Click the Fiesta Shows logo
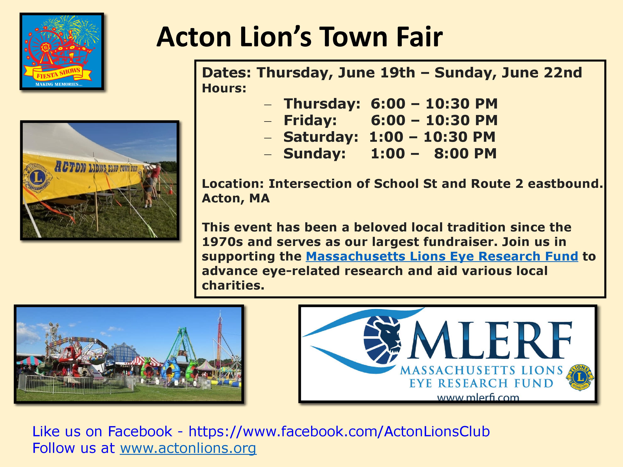[x=62, y=51]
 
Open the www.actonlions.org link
[x=188, y=448]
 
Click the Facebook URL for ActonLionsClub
[x=339, y=431]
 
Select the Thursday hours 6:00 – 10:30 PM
[x=434, y=104]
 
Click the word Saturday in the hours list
[x=320, y=137]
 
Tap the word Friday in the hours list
[x=310, y=120]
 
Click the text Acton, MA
[x=236, y=198]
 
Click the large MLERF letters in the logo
[x=490, y=341]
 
